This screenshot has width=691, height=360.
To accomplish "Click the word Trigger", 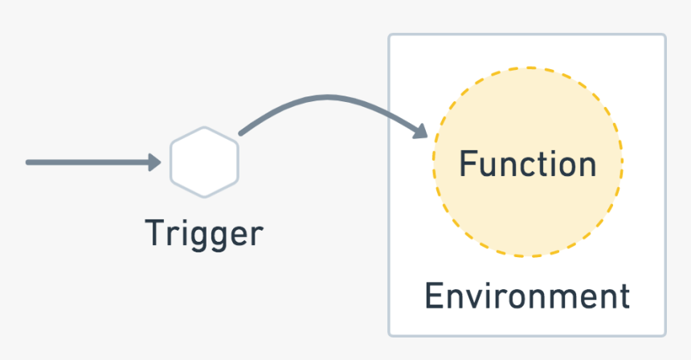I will pos(204,234).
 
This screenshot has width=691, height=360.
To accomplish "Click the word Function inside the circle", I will pos(528,164).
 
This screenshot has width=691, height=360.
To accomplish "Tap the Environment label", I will pos(527,297).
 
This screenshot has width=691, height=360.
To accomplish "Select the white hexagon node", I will pos(204,162).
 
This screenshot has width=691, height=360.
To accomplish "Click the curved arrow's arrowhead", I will pos(420,131).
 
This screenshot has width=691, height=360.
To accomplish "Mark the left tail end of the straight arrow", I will pos(29,162).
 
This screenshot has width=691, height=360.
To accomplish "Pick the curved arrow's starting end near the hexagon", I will pos(241,133).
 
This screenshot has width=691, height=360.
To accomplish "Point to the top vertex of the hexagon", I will pos(204,128).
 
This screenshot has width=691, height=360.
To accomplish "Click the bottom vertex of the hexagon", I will pos(204,196).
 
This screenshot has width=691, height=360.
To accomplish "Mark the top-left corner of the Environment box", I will pos(390,35).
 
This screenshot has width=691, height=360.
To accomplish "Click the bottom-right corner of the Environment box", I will pos(664,334).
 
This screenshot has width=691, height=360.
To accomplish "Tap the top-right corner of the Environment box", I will pos(664,35).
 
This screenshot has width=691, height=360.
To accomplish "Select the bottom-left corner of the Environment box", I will pos(390,334).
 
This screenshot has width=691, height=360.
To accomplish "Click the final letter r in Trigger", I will pos(256,235).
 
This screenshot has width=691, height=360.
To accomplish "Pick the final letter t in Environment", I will pos(624,297).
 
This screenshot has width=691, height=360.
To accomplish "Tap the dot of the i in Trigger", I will pos(182,223).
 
